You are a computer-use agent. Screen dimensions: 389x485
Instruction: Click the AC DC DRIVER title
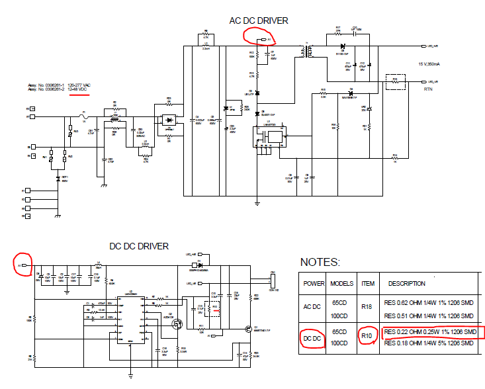pos(259,21)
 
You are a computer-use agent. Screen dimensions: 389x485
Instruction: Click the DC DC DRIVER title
pos(139,246)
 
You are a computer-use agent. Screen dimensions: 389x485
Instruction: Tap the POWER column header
pos(314,283)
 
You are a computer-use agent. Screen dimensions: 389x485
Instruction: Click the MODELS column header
pos(341,283)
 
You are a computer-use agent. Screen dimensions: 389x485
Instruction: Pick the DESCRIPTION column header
pos(406,283)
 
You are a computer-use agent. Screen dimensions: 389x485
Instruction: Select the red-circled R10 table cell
pos(367,337)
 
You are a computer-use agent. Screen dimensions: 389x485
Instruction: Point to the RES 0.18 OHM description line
pos(429,343)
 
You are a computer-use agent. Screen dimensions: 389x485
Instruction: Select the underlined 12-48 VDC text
pos(77,89)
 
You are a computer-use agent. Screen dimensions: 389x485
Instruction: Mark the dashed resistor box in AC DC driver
pos(396,81)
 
